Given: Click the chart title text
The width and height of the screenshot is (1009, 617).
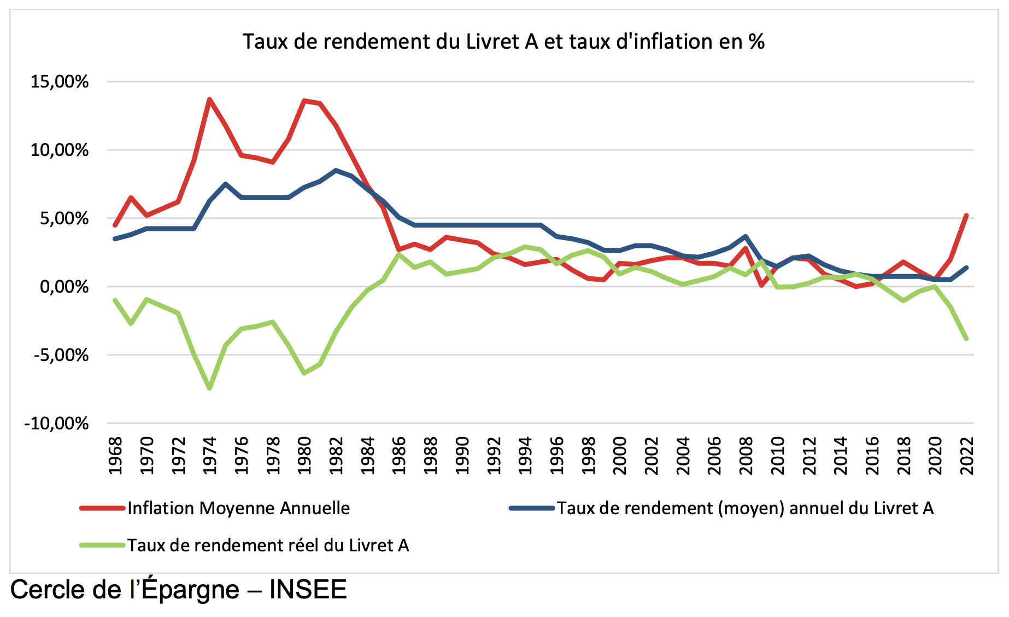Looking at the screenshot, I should point(503,42).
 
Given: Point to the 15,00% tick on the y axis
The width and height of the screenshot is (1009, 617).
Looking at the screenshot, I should point(59,82).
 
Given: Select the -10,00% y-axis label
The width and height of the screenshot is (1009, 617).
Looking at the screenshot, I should point(56,423).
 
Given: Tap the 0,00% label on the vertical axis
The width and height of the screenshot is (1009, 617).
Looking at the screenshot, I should point(63,287).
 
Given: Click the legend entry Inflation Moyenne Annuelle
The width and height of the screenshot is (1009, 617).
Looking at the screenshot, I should point(238,508).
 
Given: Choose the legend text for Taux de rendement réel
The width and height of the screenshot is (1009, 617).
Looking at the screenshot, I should point(268,545).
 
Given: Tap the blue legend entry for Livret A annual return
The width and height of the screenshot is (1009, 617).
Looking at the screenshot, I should point(745,508).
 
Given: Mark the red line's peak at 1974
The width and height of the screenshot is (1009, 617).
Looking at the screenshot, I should point(209,100).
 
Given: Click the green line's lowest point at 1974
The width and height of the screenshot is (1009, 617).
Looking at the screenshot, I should point(209,388).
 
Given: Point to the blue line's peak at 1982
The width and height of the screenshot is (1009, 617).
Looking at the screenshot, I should point(336,170).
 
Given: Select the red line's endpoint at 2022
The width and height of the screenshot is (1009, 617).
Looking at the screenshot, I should point(967,216).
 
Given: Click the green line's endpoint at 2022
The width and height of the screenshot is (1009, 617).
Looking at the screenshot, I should point(967,339).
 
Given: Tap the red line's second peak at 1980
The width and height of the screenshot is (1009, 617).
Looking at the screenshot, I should point(304,101).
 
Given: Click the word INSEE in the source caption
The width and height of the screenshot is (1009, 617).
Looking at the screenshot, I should point(308,590).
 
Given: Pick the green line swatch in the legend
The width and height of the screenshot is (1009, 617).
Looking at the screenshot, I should point(102,545).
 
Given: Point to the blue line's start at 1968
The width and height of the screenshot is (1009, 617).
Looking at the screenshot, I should point(115,239).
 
